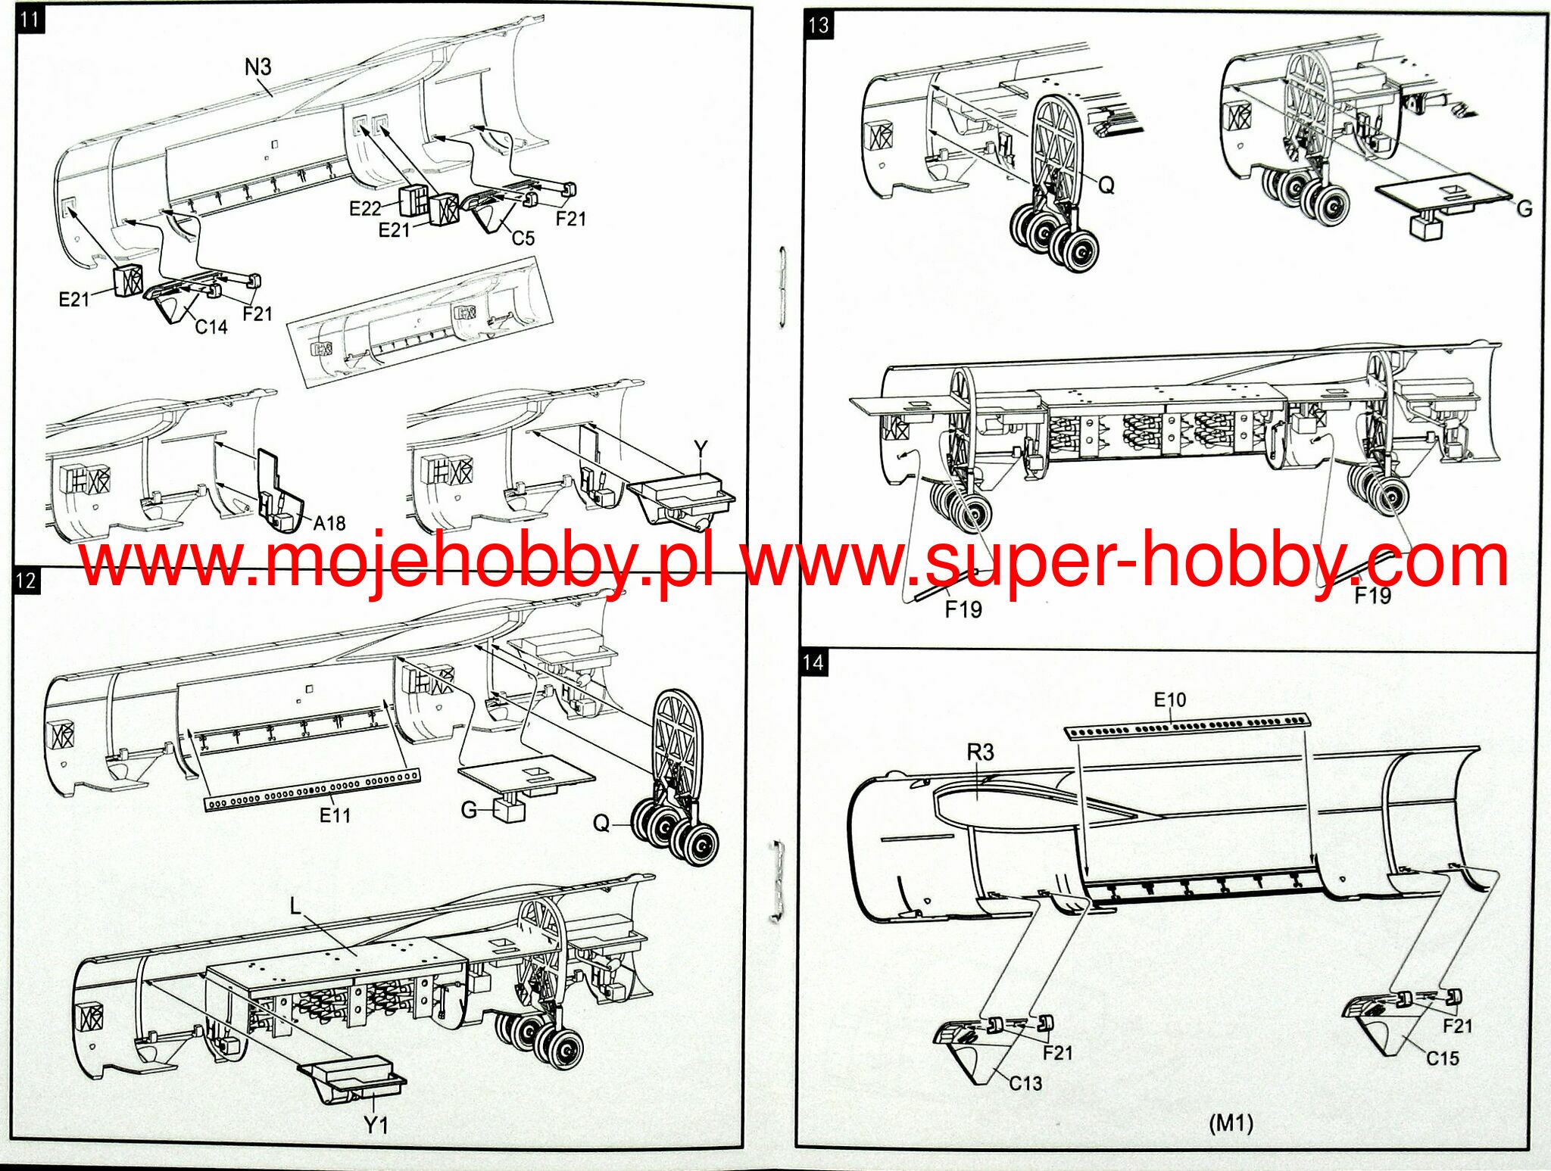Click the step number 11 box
coord(30,19)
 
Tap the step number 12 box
coord(26,581)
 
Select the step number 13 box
coord(819,26)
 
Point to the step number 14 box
coord(813,663)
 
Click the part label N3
coord(257,67)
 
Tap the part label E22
coord(365,208)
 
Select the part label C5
coord(523,238)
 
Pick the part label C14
coord(211,327)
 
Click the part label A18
coord(329,523)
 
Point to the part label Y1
coord(376,1126)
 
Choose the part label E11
coord(335,815)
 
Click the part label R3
coord(980,752)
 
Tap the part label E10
coord(1170,699)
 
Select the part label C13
coord(1025,1083)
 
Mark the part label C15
coord(1442,1058)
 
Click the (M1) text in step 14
coord(1231,1123)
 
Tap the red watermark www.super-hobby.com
coord(1125,562)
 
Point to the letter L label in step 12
coord(296,905)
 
